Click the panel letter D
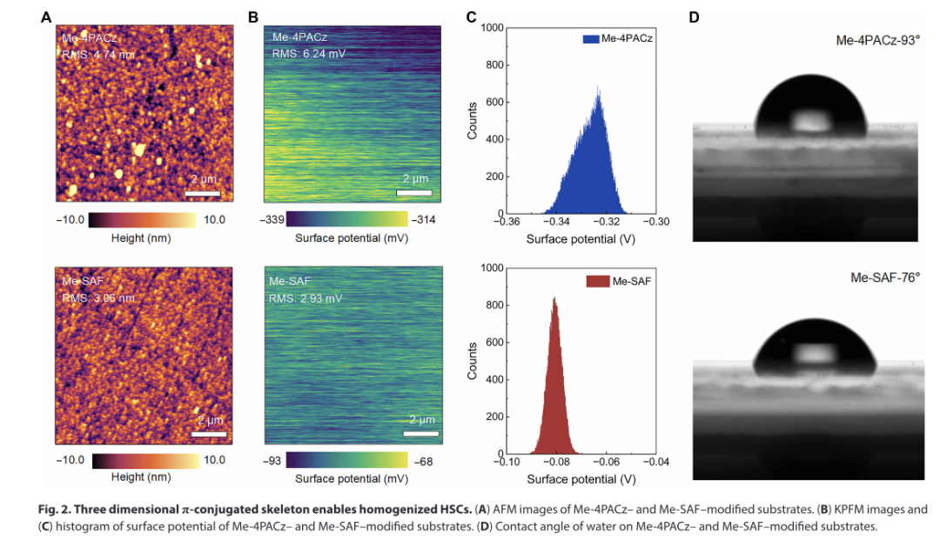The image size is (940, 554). [x=694, y=17]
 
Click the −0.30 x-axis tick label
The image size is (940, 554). [x=655, y=223]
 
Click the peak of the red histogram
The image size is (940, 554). [x=554, y=297]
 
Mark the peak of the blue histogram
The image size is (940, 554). [x=598, y=86]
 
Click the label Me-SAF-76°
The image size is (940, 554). [x=884, y=277]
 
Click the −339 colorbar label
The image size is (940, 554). [x=272, y=219]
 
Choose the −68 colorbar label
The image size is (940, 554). [x=425, y=461]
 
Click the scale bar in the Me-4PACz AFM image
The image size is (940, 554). [x=201, y=193]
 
